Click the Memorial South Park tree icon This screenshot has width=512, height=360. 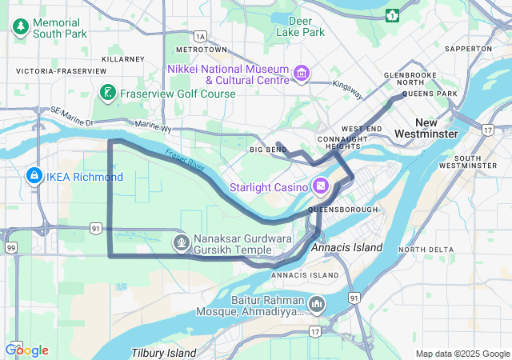point(20,28)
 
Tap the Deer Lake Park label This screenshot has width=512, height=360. point(300,26)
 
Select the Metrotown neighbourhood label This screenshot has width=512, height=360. point(206,50)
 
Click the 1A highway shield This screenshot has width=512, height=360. point(200,36)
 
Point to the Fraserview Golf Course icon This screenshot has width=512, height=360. point(107,94)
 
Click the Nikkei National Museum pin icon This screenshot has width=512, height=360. point(302,74)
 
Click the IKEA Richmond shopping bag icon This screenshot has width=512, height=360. point(34,176)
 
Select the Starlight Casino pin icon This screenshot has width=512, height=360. point(321,186)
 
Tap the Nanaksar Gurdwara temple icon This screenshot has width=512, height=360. point(182,240)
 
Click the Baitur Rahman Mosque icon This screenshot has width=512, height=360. point(317,304)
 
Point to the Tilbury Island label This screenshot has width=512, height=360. point(163,353)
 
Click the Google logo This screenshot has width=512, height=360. point(26,350)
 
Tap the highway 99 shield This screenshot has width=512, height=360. point(11,249)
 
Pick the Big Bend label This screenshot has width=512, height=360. point(267,150)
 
